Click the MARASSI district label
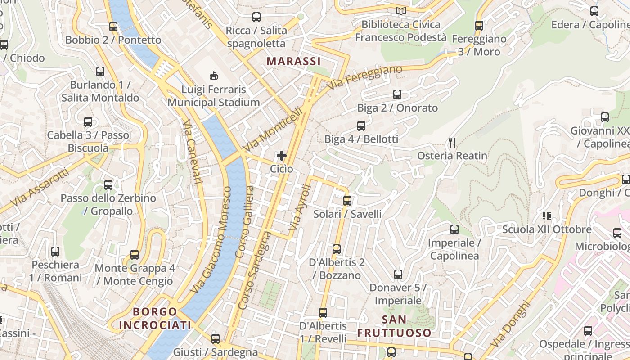pyautogui.click(x=293, y=61)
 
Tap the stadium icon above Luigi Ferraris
pyautogui.click(x=214, y=76)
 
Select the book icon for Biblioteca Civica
pyautogui.click(x=400, y=11)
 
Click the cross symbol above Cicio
pyautogui.click(x=282, y=156)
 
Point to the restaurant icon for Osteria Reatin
pyautogui.click(x=452, y=143)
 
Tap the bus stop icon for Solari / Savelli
pyautogui.click(x=347, y=201)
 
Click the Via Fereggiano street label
pyautogui.click(x=364, y=77)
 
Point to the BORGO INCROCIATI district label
pyautogui.click(x=155, y=318)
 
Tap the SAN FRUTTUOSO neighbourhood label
pyautogui.click(x=394, y=326)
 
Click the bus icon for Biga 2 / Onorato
pyautogui.click(x=397, y=94)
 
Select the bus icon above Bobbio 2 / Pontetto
pyautogui.click(x=113, y=27)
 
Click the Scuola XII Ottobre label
pyautogui.click(x=547, y=229)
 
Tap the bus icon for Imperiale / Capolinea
pyautogui.click(x=454, y=229)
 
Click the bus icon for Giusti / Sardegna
pyautogui.click(x=216, y=339)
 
